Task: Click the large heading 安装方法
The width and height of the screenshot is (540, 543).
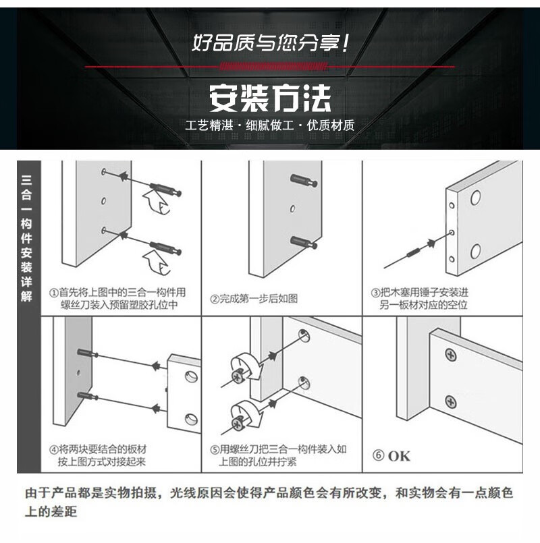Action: click(x=270, y=98)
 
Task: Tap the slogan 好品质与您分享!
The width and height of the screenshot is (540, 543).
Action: click(x=271, y=43)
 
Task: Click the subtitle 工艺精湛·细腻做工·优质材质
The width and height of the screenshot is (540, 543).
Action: click(x=269, y=125)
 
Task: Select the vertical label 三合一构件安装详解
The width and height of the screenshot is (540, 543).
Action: click(x=27, y=238)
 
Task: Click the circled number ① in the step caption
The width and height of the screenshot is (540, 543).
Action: click(x=54, y=293)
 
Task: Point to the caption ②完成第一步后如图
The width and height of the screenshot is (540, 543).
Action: click(x=254, y=299)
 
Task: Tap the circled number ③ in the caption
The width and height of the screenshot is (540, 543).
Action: click(x=376, y=293)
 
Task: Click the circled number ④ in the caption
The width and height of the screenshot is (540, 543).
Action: click(x=54, y=450)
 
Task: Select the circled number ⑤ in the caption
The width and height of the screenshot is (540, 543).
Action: click(x=215, y=450)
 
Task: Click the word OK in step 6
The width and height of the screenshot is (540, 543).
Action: click(x=399, y=456)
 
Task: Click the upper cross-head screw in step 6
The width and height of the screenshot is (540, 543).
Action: click(x=451, y=355)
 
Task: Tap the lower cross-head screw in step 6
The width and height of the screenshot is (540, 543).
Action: click(x=450, y=402)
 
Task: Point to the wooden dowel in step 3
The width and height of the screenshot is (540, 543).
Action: click(x=413, y=253)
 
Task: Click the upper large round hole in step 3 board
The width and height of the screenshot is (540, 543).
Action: click(x=475, y=198)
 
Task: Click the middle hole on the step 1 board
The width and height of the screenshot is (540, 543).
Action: click(x=103, y=201)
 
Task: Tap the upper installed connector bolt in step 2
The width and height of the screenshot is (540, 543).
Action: click(x=304, y=180)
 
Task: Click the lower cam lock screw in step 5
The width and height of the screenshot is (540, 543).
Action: click(x=238, y=424)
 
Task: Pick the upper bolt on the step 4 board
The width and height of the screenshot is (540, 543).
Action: click(x=87, y=353)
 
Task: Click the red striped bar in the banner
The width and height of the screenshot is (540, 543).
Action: click(x=274, y=67)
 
